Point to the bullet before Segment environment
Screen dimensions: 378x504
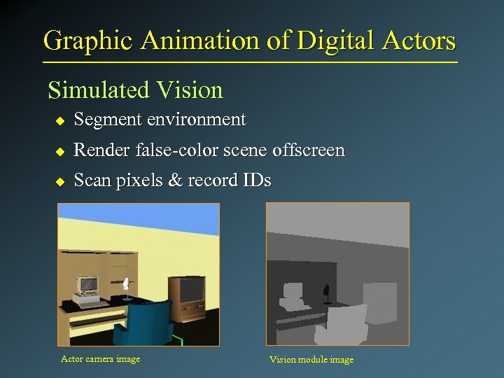[x=59, y=121]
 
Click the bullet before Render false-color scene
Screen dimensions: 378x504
[x=59, y=151]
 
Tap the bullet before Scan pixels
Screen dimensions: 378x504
[x=59, y=181]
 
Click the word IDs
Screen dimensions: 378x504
[x=255, y=181]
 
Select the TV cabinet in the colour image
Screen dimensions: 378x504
[x=187, y=296]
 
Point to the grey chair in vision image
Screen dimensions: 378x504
[x=344, y=323]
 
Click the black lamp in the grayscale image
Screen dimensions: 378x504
[x=325, y=291]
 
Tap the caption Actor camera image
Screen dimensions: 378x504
[x=100, y=359]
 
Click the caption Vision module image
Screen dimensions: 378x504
[x=311, y=360]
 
